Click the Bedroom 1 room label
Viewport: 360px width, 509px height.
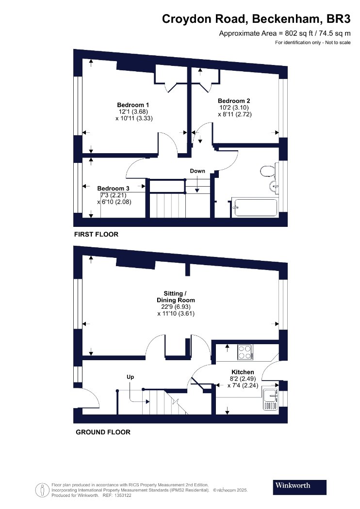tap(133, 105)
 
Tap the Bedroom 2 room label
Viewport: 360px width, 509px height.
tap(234, 101)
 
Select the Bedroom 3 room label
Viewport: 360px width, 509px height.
tap(113, 188)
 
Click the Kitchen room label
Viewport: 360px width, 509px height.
tap(243, 372)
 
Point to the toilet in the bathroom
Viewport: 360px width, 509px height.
tap(267, 171)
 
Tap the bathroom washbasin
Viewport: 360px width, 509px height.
tap(274, 187)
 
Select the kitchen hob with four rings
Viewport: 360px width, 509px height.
tap(245, 352)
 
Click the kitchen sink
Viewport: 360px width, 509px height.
tap(271, 399)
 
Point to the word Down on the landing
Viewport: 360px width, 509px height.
tap(197, 171)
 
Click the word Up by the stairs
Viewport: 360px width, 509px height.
tap(131, 377)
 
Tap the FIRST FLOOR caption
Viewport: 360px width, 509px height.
tap(96, 234)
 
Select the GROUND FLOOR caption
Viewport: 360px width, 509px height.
tap(103, 432)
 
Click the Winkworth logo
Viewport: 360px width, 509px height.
tap(299, 487)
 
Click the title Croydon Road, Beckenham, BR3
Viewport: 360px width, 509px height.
tap(256, 19)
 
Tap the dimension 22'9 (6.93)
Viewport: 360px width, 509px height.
tap(176, 307)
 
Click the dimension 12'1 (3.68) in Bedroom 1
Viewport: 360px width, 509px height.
tap(133, 111)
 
